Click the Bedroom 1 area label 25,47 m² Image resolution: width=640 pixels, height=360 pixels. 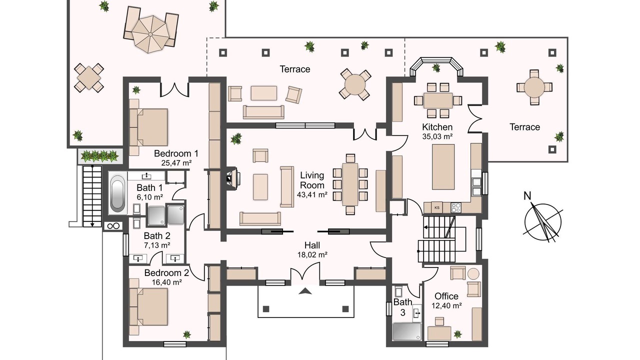pos(176,163)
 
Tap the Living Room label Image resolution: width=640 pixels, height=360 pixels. pos(312,180)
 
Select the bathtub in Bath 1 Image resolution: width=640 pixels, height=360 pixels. pos(117,193)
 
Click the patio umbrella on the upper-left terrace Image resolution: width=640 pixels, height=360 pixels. pos(150,34)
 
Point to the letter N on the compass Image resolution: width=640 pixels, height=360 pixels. pos(527,196)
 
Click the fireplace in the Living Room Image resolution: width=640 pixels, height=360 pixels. pos(233,179)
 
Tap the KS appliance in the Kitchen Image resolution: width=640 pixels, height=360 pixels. pos(437,207)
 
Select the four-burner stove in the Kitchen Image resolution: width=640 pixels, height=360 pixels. pos(456,207)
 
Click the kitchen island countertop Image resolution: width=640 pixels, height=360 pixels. pos(443,167)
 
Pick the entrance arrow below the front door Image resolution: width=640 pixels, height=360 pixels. pos(305,291)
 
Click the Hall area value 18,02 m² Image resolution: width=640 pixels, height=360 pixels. pos(312,255)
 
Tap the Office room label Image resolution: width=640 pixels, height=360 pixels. pos(446,296)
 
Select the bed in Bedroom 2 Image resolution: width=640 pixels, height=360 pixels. pos(148,307)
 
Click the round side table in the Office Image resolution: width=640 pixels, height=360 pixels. pos(473,273)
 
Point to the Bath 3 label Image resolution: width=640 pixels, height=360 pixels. pos(402,307)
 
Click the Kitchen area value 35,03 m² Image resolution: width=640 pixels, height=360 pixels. pos(437,136)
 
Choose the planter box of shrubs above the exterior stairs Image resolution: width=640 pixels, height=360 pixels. pos(100,156)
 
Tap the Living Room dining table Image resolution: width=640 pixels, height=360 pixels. pos(350,184)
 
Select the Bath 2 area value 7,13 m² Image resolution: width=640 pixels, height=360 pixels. pos(157,245)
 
